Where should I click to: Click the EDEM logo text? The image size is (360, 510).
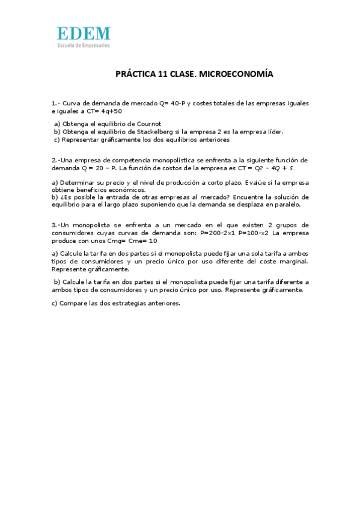(84, 34)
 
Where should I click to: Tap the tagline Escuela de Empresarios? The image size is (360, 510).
(84, 45)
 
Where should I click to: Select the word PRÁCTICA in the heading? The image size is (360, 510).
(135, 75)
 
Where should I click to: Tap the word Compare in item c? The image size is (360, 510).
(72, 303)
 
